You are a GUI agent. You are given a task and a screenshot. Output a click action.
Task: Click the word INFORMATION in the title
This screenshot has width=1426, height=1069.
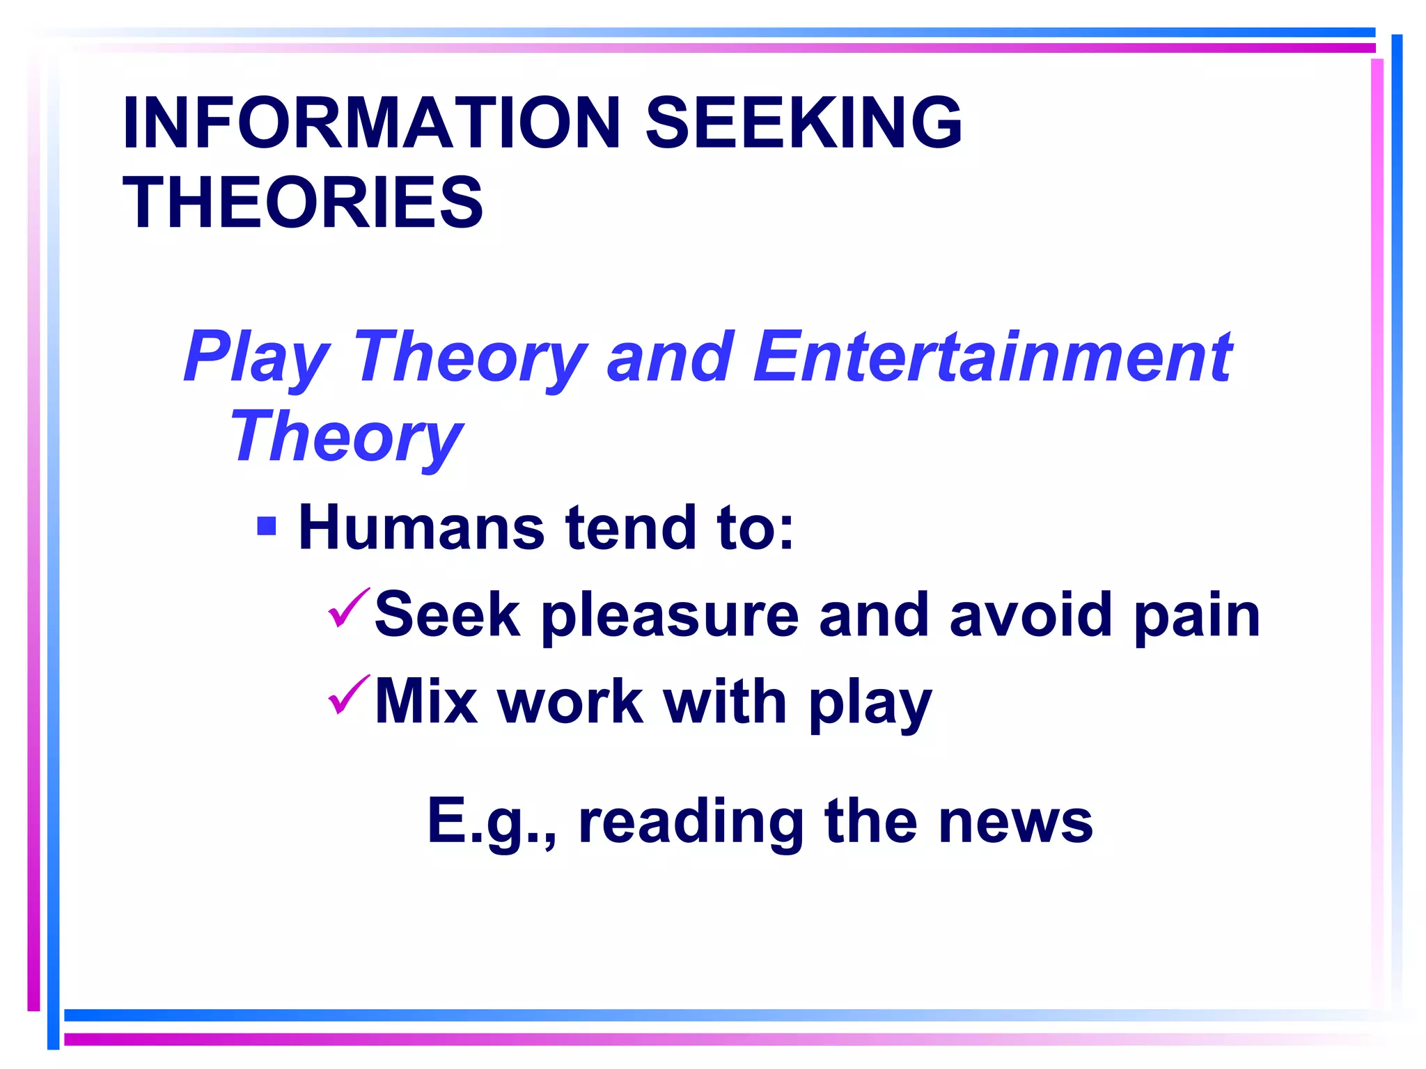pos(371,123)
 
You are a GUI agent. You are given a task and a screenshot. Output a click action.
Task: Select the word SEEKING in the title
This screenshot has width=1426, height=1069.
pos(804,123)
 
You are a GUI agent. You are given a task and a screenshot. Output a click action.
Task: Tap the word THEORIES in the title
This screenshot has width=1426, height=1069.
pos(303,203)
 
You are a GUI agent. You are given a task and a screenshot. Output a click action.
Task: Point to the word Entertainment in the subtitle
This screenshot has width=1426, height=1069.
pos(993,357)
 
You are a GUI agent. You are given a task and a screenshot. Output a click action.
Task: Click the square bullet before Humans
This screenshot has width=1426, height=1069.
pos(267,525)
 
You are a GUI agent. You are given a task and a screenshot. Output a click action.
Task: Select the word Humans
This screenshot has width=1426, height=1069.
pos(421,528)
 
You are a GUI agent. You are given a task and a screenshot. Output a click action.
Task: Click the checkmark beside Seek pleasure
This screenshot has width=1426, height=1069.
pos(348,608)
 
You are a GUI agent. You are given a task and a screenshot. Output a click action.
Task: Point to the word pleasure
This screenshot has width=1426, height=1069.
pos(670,616)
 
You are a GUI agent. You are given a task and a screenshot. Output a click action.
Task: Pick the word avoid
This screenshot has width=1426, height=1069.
pos(1031,615)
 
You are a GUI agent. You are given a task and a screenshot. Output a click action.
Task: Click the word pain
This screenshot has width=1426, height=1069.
pos(1197,616)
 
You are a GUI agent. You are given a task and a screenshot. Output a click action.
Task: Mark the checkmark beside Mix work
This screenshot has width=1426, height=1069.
pos(348,695)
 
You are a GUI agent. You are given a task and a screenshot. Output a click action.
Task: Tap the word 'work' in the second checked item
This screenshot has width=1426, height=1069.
pos(571,702)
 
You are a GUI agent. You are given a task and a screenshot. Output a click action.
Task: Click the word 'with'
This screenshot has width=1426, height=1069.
pos(725,702)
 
